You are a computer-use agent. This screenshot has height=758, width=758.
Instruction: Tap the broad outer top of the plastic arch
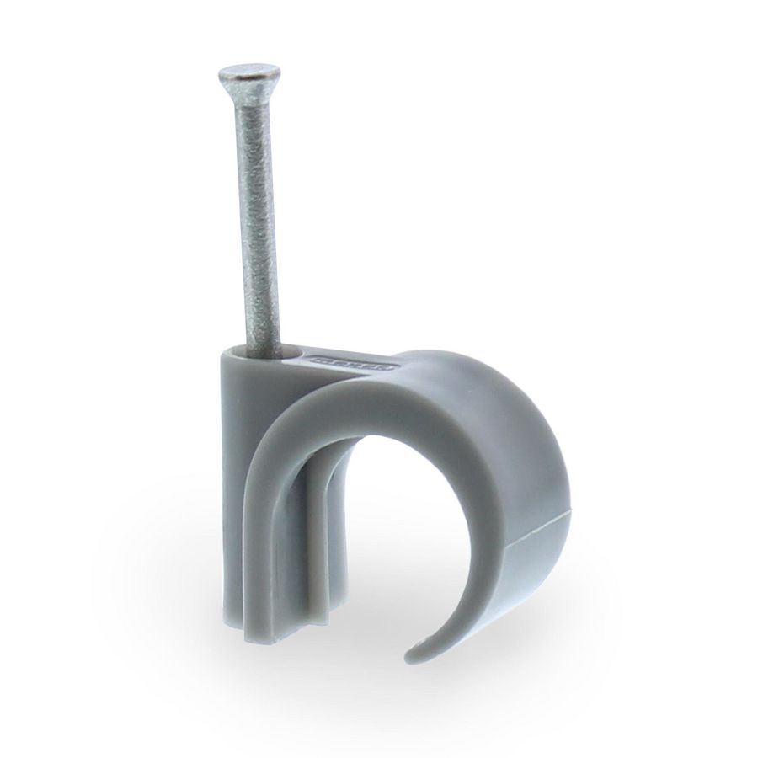point(455,371)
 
